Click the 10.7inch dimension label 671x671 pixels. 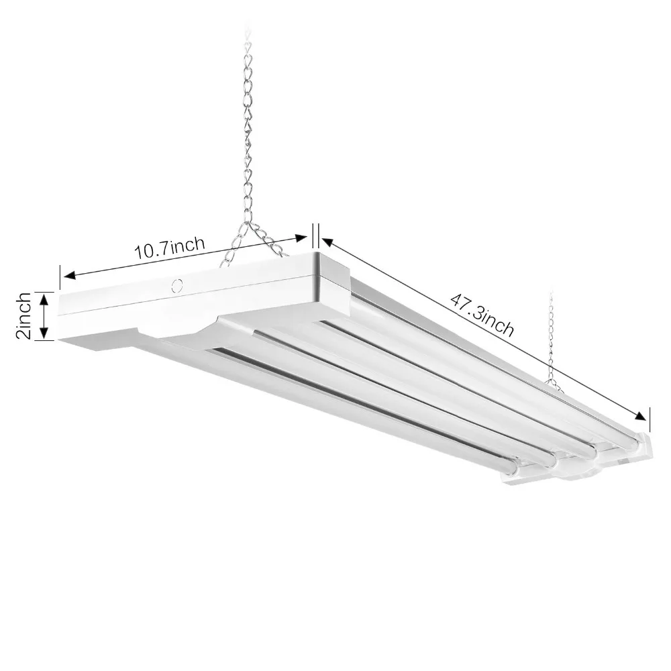coord(170,249)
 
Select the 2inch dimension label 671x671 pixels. coord(23,315)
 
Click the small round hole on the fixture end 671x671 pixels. coord(177,285)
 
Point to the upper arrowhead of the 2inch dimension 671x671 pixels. coord(44,296)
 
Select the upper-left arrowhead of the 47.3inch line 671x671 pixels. coord(325,240)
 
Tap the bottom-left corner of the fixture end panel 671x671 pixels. coord(60,338)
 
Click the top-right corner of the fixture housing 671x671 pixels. coord(315,255)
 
